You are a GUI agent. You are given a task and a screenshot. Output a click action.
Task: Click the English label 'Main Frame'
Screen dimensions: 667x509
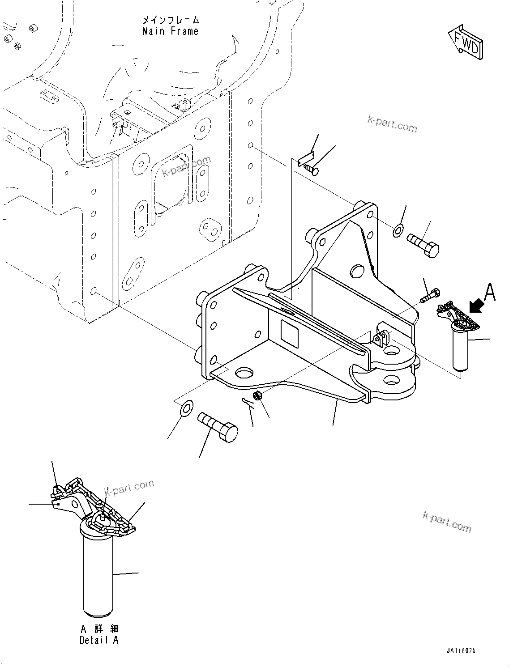[170, 31]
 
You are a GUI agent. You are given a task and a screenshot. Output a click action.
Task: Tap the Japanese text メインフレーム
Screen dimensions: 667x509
[170, 20]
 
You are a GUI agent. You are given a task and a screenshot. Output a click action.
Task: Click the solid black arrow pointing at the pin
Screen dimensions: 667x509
[476, 307]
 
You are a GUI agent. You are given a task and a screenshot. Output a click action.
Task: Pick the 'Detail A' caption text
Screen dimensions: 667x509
[99, 640]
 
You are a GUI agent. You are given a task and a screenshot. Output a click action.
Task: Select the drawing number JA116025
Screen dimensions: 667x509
[460, 651]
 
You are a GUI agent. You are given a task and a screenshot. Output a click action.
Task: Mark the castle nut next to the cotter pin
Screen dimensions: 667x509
[257, 395]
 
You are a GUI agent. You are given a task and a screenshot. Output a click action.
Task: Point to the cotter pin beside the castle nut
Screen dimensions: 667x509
[246, 402]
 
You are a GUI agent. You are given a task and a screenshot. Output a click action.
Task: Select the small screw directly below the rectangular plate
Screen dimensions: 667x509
[310, 169]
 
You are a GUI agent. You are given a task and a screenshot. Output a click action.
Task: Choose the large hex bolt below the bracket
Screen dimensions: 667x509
[218, 427]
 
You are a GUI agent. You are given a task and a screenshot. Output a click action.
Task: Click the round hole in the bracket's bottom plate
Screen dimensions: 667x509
[244, 373]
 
